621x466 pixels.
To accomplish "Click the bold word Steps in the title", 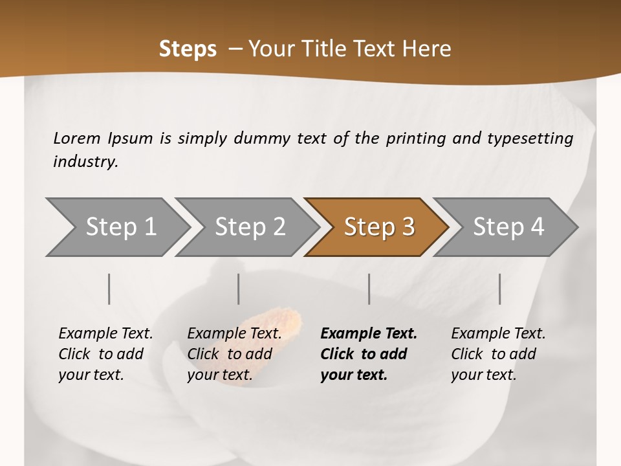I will pos(188,49).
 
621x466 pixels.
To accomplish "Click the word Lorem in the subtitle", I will pos(77,138).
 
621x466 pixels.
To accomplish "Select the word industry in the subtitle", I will pos(85,161).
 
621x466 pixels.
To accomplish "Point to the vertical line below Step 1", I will pos(109,289).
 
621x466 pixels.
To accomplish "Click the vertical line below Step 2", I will pos(239,289).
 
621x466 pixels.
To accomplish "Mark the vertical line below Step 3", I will pos(369,289).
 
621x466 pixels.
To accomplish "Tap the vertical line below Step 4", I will pos(500,289).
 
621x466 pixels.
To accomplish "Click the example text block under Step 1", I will pos(105,354).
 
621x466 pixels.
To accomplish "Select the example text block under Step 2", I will pos(234,354).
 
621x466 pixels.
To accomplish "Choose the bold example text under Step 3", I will pos(369,354).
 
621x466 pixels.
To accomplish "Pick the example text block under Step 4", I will pos(498,354).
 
